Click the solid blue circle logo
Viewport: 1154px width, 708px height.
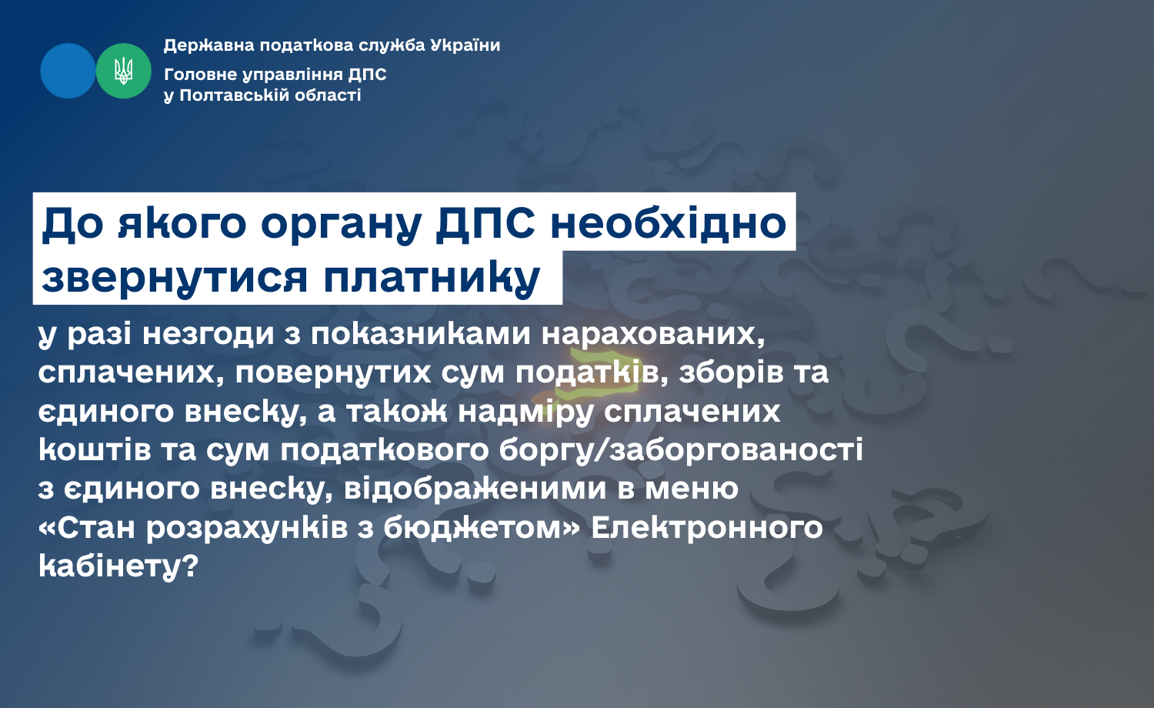coord(68,71)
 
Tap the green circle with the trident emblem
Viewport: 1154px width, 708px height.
coord(124,71)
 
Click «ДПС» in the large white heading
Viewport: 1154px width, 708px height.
coord(485,224)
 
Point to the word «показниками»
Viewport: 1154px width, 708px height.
coord(420,333)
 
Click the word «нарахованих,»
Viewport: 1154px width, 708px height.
coord(653,335)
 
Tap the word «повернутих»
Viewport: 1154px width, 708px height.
coord(333,372)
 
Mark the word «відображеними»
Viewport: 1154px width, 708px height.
coord(475,489)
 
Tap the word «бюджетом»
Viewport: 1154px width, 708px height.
coord(472,528)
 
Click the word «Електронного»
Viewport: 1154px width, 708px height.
coord(707,528)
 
